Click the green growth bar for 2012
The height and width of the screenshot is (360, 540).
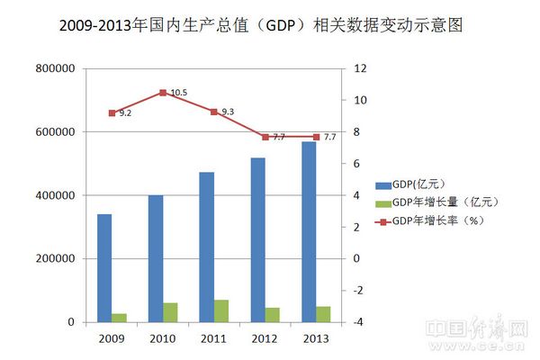click(272, 315)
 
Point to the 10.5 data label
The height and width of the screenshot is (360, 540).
click(178, 93)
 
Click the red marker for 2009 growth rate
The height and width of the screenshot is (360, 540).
click(112, 113)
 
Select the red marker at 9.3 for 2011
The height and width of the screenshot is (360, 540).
click(213, 112)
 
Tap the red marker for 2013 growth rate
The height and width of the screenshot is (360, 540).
click(316, 137)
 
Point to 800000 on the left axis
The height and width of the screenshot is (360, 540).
click(56, 68)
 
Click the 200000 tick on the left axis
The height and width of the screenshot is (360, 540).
click(56, 259)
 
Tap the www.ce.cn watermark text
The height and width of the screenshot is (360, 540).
click(505, 349)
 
